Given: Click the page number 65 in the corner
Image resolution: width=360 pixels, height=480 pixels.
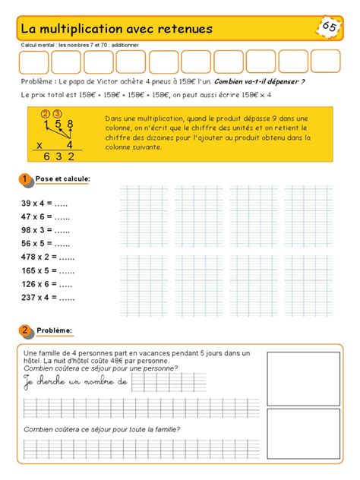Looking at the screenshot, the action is tap(330, 27).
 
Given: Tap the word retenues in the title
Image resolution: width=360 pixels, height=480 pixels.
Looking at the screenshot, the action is tap(185, 29).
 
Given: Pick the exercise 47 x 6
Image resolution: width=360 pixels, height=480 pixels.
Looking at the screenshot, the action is tap(46, 217).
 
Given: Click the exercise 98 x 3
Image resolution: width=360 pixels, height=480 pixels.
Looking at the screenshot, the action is tap(46, 230).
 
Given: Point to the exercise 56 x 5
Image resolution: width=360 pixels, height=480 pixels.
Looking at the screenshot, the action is tap(46, 244).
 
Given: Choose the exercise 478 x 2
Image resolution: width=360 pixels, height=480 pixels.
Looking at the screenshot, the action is tap(48, 257).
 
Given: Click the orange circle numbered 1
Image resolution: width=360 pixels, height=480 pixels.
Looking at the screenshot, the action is tap(26, 179).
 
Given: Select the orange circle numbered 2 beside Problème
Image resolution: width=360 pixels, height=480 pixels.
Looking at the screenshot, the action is tap(26, 330).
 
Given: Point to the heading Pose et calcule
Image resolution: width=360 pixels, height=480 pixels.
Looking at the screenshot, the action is tap(62, 179).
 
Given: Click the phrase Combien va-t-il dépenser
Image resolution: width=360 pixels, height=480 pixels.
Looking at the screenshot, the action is tap(260, 81).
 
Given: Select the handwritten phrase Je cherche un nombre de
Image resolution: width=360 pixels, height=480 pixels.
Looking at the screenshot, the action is tap(76, 381).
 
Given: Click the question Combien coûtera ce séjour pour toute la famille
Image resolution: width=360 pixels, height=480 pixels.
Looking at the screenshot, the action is tap(101, 430).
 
